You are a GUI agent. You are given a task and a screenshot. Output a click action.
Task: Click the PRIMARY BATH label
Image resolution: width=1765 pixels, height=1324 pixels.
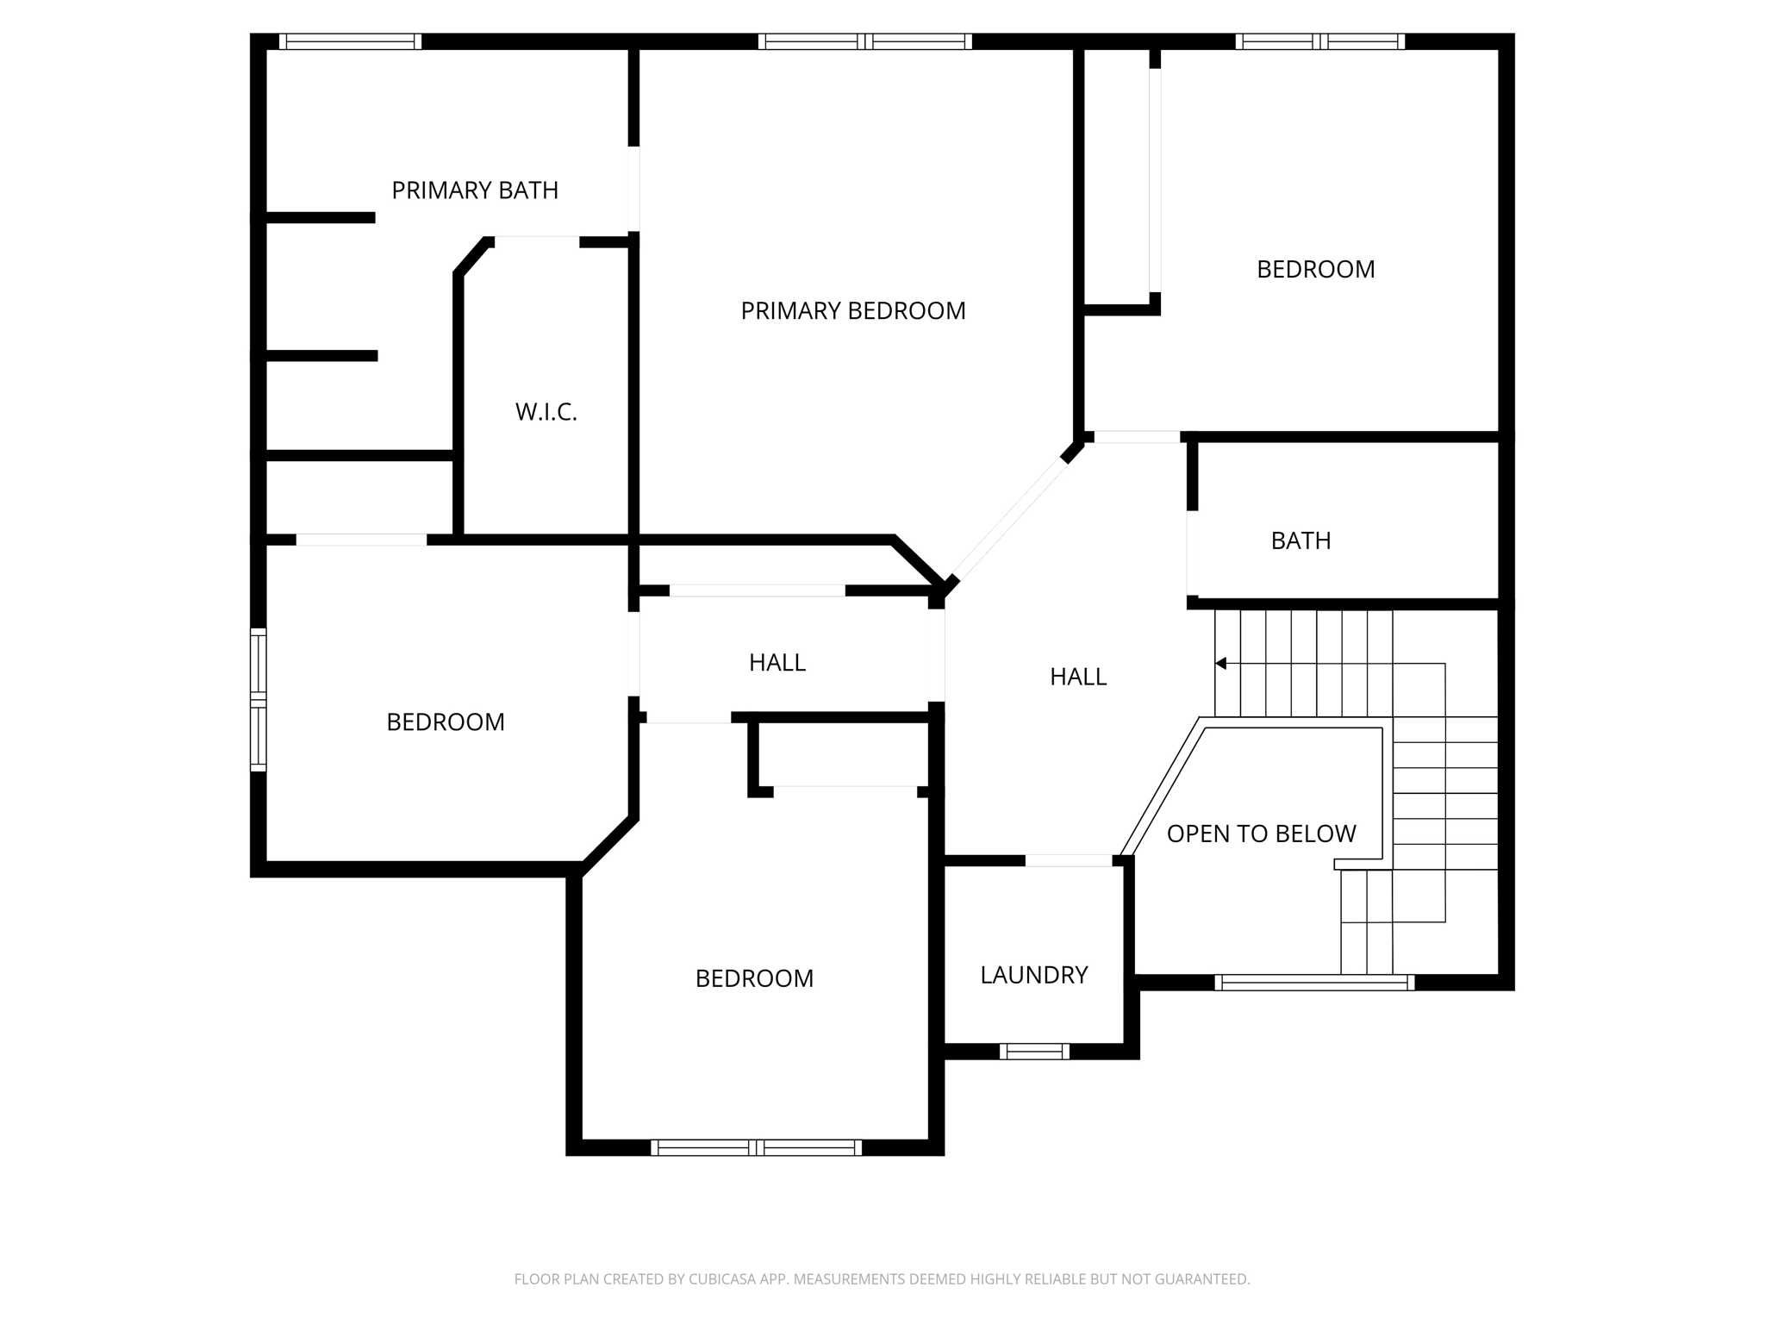[475, 190]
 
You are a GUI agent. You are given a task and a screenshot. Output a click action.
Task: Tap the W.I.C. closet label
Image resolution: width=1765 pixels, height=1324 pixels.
[546, 412]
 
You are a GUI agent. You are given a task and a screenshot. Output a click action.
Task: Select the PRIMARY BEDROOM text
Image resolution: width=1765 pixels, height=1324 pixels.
[852, 311]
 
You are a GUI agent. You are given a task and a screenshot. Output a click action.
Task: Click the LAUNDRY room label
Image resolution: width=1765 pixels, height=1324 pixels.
[1033, 975]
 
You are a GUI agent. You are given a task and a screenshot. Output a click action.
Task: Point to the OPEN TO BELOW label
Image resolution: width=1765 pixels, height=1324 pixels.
[1261, 834]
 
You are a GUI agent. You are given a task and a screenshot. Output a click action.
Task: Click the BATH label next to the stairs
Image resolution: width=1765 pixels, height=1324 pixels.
[1300, 540]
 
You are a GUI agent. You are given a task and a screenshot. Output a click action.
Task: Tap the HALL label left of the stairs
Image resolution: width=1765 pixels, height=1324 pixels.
[1077, 677]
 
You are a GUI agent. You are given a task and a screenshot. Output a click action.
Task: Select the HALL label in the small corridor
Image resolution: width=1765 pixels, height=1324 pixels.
[776, 662]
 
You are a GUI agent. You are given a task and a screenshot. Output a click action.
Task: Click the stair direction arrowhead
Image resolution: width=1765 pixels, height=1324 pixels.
[1220, 663]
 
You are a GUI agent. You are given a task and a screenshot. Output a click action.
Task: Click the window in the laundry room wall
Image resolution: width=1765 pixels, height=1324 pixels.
[1034, 1051]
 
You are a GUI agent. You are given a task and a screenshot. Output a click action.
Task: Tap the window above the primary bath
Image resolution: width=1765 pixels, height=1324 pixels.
[350, 41]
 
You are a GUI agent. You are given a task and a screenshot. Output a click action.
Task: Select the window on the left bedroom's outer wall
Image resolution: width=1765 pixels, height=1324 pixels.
[258, 699]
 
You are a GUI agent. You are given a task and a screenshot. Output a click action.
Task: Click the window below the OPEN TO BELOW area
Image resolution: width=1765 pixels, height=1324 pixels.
[1314, 982]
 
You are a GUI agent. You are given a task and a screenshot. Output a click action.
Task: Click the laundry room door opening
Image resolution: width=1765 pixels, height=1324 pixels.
[1069, 860]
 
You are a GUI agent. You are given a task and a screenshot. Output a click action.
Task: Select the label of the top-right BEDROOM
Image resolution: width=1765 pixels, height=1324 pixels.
[1315, 270]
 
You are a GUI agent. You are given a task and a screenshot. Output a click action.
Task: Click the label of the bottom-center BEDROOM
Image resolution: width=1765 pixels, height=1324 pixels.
[754, 978]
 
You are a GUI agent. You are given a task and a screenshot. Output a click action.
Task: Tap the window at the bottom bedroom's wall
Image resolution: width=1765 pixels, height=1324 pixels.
[756, 1147]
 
